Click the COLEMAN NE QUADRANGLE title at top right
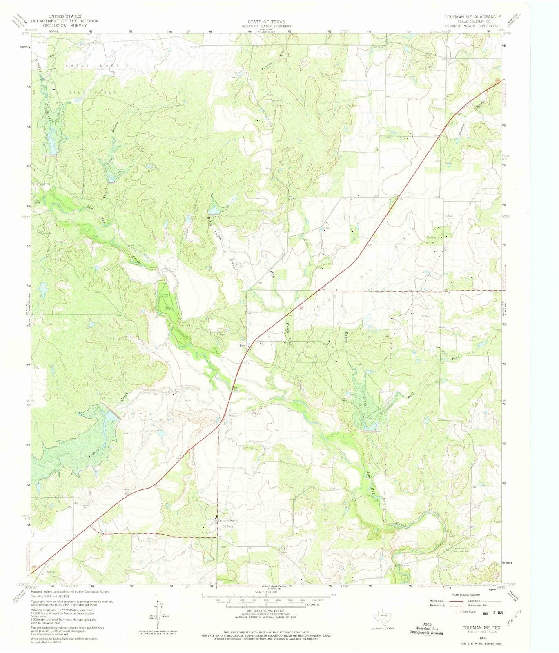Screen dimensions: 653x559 pos(473,16)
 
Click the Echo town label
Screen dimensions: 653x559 pos(243,346)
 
